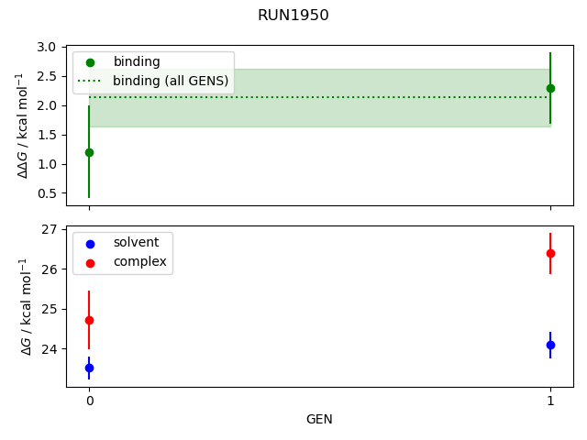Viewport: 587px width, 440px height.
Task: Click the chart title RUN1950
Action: click(293, 16)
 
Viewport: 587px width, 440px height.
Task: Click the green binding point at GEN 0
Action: click(89, 152)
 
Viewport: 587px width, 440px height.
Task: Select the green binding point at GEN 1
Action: click(550, 88)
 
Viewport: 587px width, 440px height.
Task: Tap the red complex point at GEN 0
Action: click(89, 320)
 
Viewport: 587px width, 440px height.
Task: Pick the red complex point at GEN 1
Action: click(550, 253)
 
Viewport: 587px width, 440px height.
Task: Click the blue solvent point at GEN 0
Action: click(89, 368)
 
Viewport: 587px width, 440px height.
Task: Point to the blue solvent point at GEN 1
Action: click(550, 345)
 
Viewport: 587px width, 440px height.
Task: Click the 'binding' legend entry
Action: click(137, 61)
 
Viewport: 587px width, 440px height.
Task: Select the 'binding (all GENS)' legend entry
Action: click(171, 81)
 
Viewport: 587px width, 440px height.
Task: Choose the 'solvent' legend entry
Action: click(136, 242)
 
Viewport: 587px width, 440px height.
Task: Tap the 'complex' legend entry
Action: click(139, 261)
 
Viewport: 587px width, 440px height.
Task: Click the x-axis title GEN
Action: click(319, 419)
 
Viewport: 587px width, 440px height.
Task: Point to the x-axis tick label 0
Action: click(89, 401)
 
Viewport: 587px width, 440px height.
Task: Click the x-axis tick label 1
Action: click(550, 401)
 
